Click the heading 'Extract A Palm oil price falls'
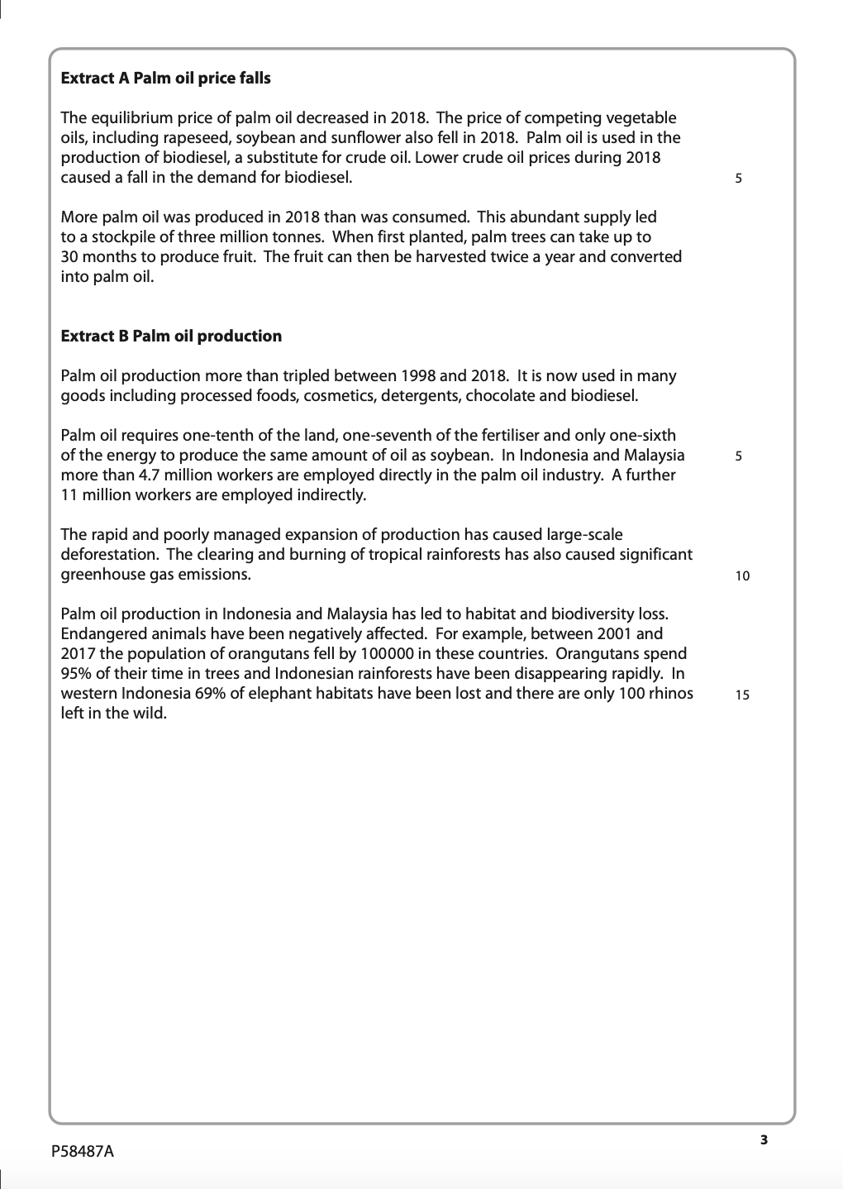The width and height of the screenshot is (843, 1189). (x=165, y=79)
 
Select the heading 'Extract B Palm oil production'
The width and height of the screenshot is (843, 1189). (x=171, y=337)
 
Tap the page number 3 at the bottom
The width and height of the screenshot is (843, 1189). (x=764, y=1140)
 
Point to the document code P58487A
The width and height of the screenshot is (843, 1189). (x=88, y=1151)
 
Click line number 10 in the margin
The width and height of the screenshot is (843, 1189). (x=742, y=576)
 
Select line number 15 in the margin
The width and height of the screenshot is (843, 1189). (x=742, y=695)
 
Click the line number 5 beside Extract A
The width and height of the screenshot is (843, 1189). (x=738, y=178)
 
